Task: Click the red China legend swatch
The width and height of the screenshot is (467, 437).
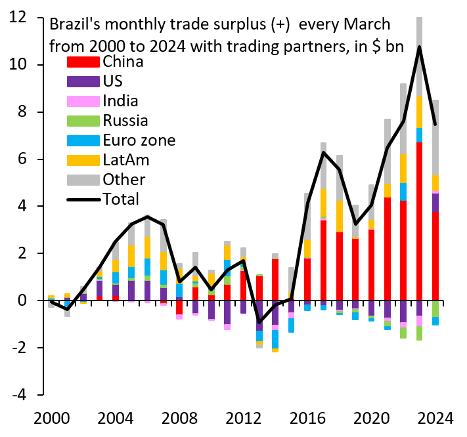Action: (x=84, y=62)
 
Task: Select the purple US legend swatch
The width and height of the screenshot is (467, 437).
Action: (x=84, y=82)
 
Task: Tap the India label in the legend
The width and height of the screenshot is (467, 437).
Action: (x=120, y=101)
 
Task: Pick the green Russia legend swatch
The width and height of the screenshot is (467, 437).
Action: (x=84, y=121)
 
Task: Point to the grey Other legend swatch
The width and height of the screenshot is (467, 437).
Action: (x=84, y=179)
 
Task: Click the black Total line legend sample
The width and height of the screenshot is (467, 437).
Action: (x=84, y=199)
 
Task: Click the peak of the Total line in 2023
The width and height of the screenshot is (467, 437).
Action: (x=419, y=47)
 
